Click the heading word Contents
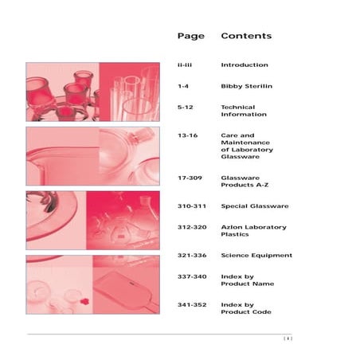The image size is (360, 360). pyautogui.click(x=246, y=36)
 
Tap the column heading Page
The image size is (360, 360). pyautogui.click(x=191, y=37)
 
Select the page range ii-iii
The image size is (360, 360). pyautogui.click(x=185, y=65)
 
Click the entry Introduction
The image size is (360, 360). pyautogui.click(x=245, y=65)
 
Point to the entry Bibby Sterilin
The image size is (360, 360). pyautogui.click(x=247, y=86)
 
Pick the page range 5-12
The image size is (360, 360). pyautogui.click(x=186, y=108)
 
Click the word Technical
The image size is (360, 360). pyautogui.click(x=238, y=108)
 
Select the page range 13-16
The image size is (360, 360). pyautogui.click(x=188, y=135)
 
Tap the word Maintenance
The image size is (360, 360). pyautogui.click(x=245, y=143)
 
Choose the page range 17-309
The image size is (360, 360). pyautogui.click(x=190, y=178)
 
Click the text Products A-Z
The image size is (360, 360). pyautogui.click(x=245, y=185)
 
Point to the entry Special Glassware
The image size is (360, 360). pyautogui.click(x=255, y=206)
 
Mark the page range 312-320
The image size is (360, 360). pyautogui.click(x=192, y=227)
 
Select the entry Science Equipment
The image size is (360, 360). pyautogui.click(x=256, y=256)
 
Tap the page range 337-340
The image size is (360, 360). pyautogui.click(x=192, y=276)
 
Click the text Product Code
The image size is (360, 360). pyautogui.click(x=246, y=312)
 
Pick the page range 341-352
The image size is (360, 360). pyautogui.click(x=192, y=305)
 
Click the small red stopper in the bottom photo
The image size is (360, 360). pyautogui.click(x=84, y=301)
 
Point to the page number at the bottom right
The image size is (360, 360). pyautogui.click(x=288, y=338)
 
